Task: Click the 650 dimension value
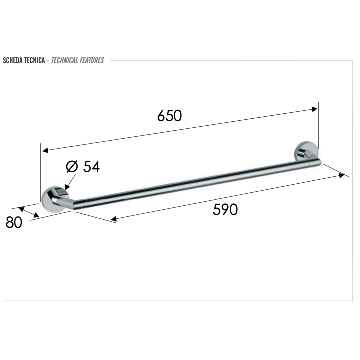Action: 170,116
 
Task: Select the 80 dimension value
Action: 14,222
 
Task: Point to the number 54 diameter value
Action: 91,167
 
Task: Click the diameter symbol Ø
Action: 72,167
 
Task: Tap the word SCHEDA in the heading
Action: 14,60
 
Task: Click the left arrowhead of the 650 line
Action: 45,150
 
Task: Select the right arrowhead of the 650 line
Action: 314,108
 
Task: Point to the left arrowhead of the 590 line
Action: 114,218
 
